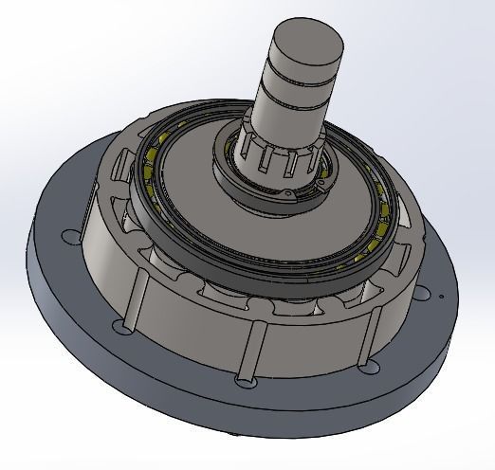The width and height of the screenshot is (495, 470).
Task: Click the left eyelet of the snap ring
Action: point(284,194)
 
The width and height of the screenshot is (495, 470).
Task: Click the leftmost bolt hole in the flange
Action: point(68,237)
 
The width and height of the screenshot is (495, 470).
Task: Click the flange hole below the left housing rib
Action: point(120,326)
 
